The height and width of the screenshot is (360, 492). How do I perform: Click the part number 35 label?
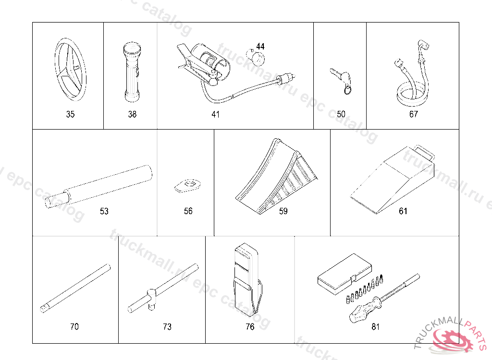click(70, 114)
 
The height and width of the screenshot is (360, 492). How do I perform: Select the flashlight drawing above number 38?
click(131, 72)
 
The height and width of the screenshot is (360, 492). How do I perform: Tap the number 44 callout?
click(260, 46)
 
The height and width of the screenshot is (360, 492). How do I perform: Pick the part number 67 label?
click(413, 114)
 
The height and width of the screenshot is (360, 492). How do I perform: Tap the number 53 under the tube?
click(104, 211)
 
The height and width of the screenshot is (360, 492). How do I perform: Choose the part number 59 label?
click(283, 211)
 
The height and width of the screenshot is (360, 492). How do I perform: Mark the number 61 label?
click(403, 211)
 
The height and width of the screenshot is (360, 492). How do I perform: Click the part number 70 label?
click(74, 327)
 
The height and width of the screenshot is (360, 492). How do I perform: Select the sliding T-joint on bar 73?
click(151, 293)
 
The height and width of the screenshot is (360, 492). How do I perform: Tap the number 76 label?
click(249, 327)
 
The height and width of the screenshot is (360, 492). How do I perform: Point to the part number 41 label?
click(215, 114)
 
